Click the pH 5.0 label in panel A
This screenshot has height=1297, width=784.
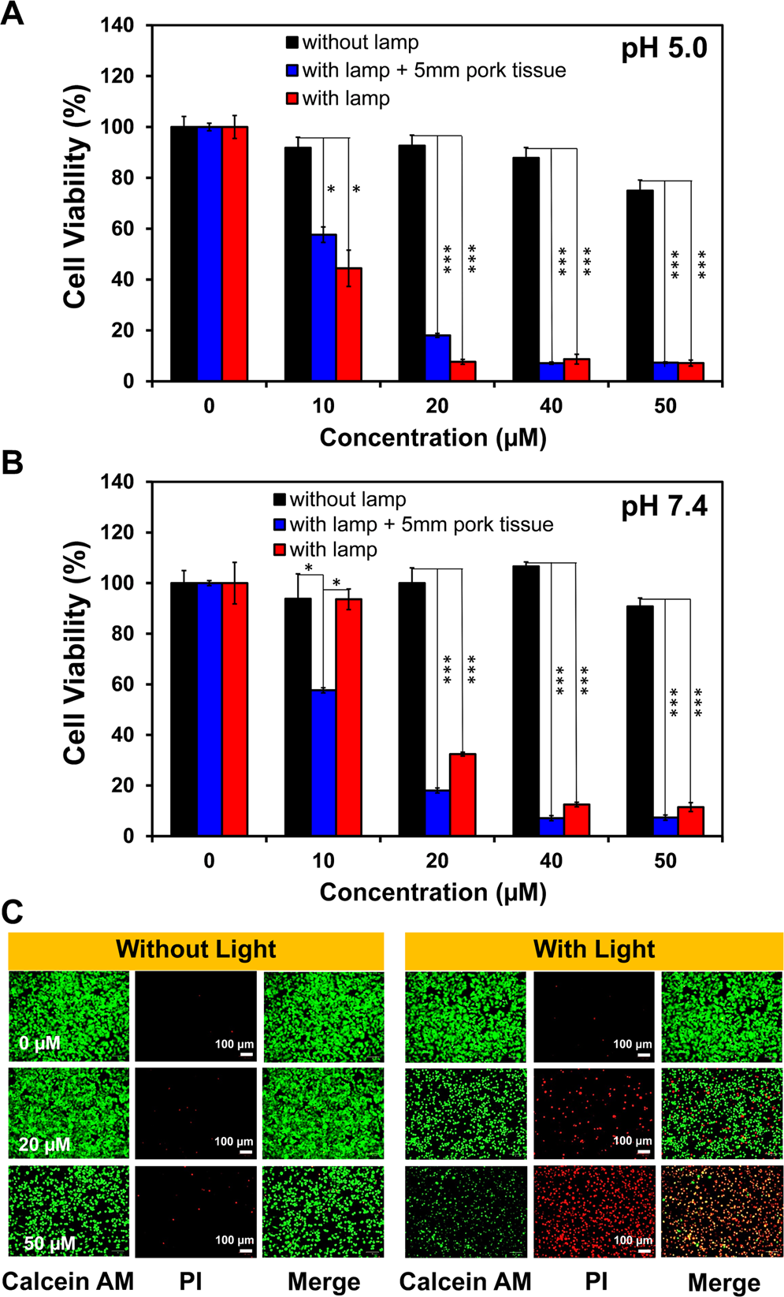tap(664, 49)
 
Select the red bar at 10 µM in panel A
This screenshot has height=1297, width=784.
tap(349, 325)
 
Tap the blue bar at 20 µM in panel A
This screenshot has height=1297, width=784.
tap(437, 358)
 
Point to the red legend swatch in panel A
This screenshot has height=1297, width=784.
tap(292, 99)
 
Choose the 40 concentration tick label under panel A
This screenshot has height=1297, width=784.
tap(551, 406)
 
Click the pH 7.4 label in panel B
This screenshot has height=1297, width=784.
tap(664, 505)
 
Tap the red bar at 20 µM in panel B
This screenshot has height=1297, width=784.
tap(463, 795)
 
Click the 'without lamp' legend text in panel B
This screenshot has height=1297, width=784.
tap(347, 499)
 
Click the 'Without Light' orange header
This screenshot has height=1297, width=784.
tap(195, 949)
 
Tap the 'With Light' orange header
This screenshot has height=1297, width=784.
tap(594, 949)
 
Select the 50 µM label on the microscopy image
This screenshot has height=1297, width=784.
tap(49, 1243)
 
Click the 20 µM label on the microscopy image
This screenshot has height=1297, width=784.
tap(45, 1143)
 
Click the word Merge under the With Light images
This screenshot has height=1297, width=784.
tap(723, 1283)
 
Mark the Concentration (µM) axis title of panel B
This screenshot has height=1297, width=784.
tap(433, 892)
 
